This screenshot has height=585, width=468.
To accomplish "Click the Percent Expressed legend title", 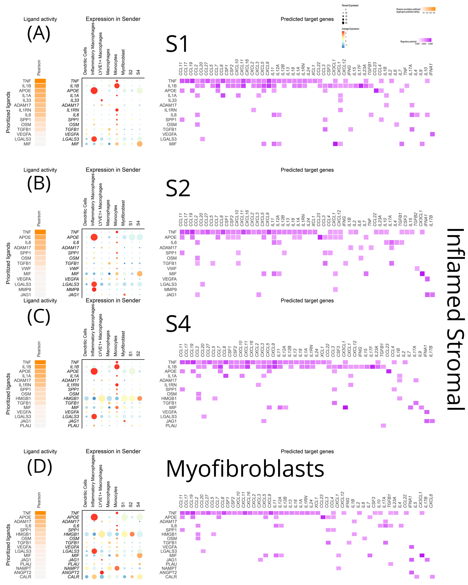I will coord(350,5).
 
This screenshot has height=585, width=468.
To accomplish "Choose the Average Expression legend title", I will coord(350,29).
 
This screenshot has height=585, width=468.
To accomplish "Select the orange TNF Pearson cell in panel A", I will coord(40,81).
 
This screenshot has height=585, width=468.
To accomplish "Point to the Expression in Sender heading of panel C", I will coord(113,300).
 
